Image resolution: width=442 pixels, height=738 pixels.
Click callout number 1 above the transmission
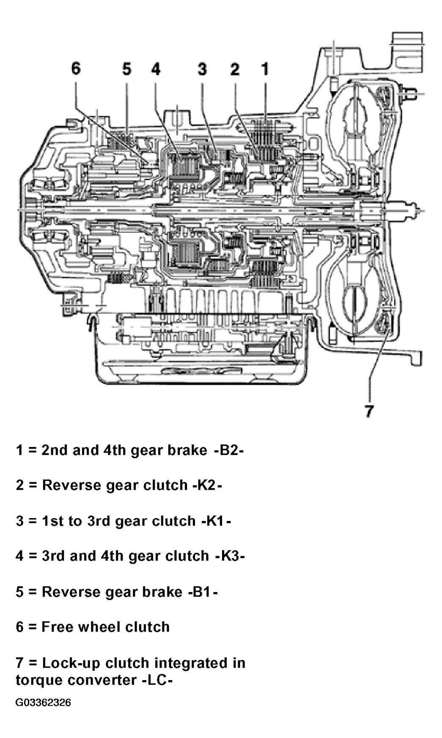pyautogui.click(x=265, y=69)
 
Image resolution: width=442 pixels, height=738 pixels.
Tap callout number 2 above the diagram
pyautogui.click(x=235, y=69)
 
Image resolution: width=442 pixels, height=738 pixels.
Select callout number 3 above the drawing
pyautogui.click(x=203, y=69)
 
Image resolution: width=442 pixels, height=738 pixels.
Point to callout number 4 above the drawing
pyautogui.click(x=156, y=69)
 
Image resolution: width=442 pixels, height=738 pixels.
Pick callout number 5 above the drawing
pyautogui.click(x=127, y=69)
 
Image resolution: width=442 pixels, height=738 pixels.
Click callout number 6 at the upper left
pyautogui.click(x=76, y=68)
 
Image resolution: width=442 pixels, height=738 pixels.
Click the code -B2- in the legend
pyautogui.click(x=229, y=450)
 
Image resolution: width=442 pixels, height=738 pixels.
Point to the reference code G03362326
pyautogui.click(x=43, y=702)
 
